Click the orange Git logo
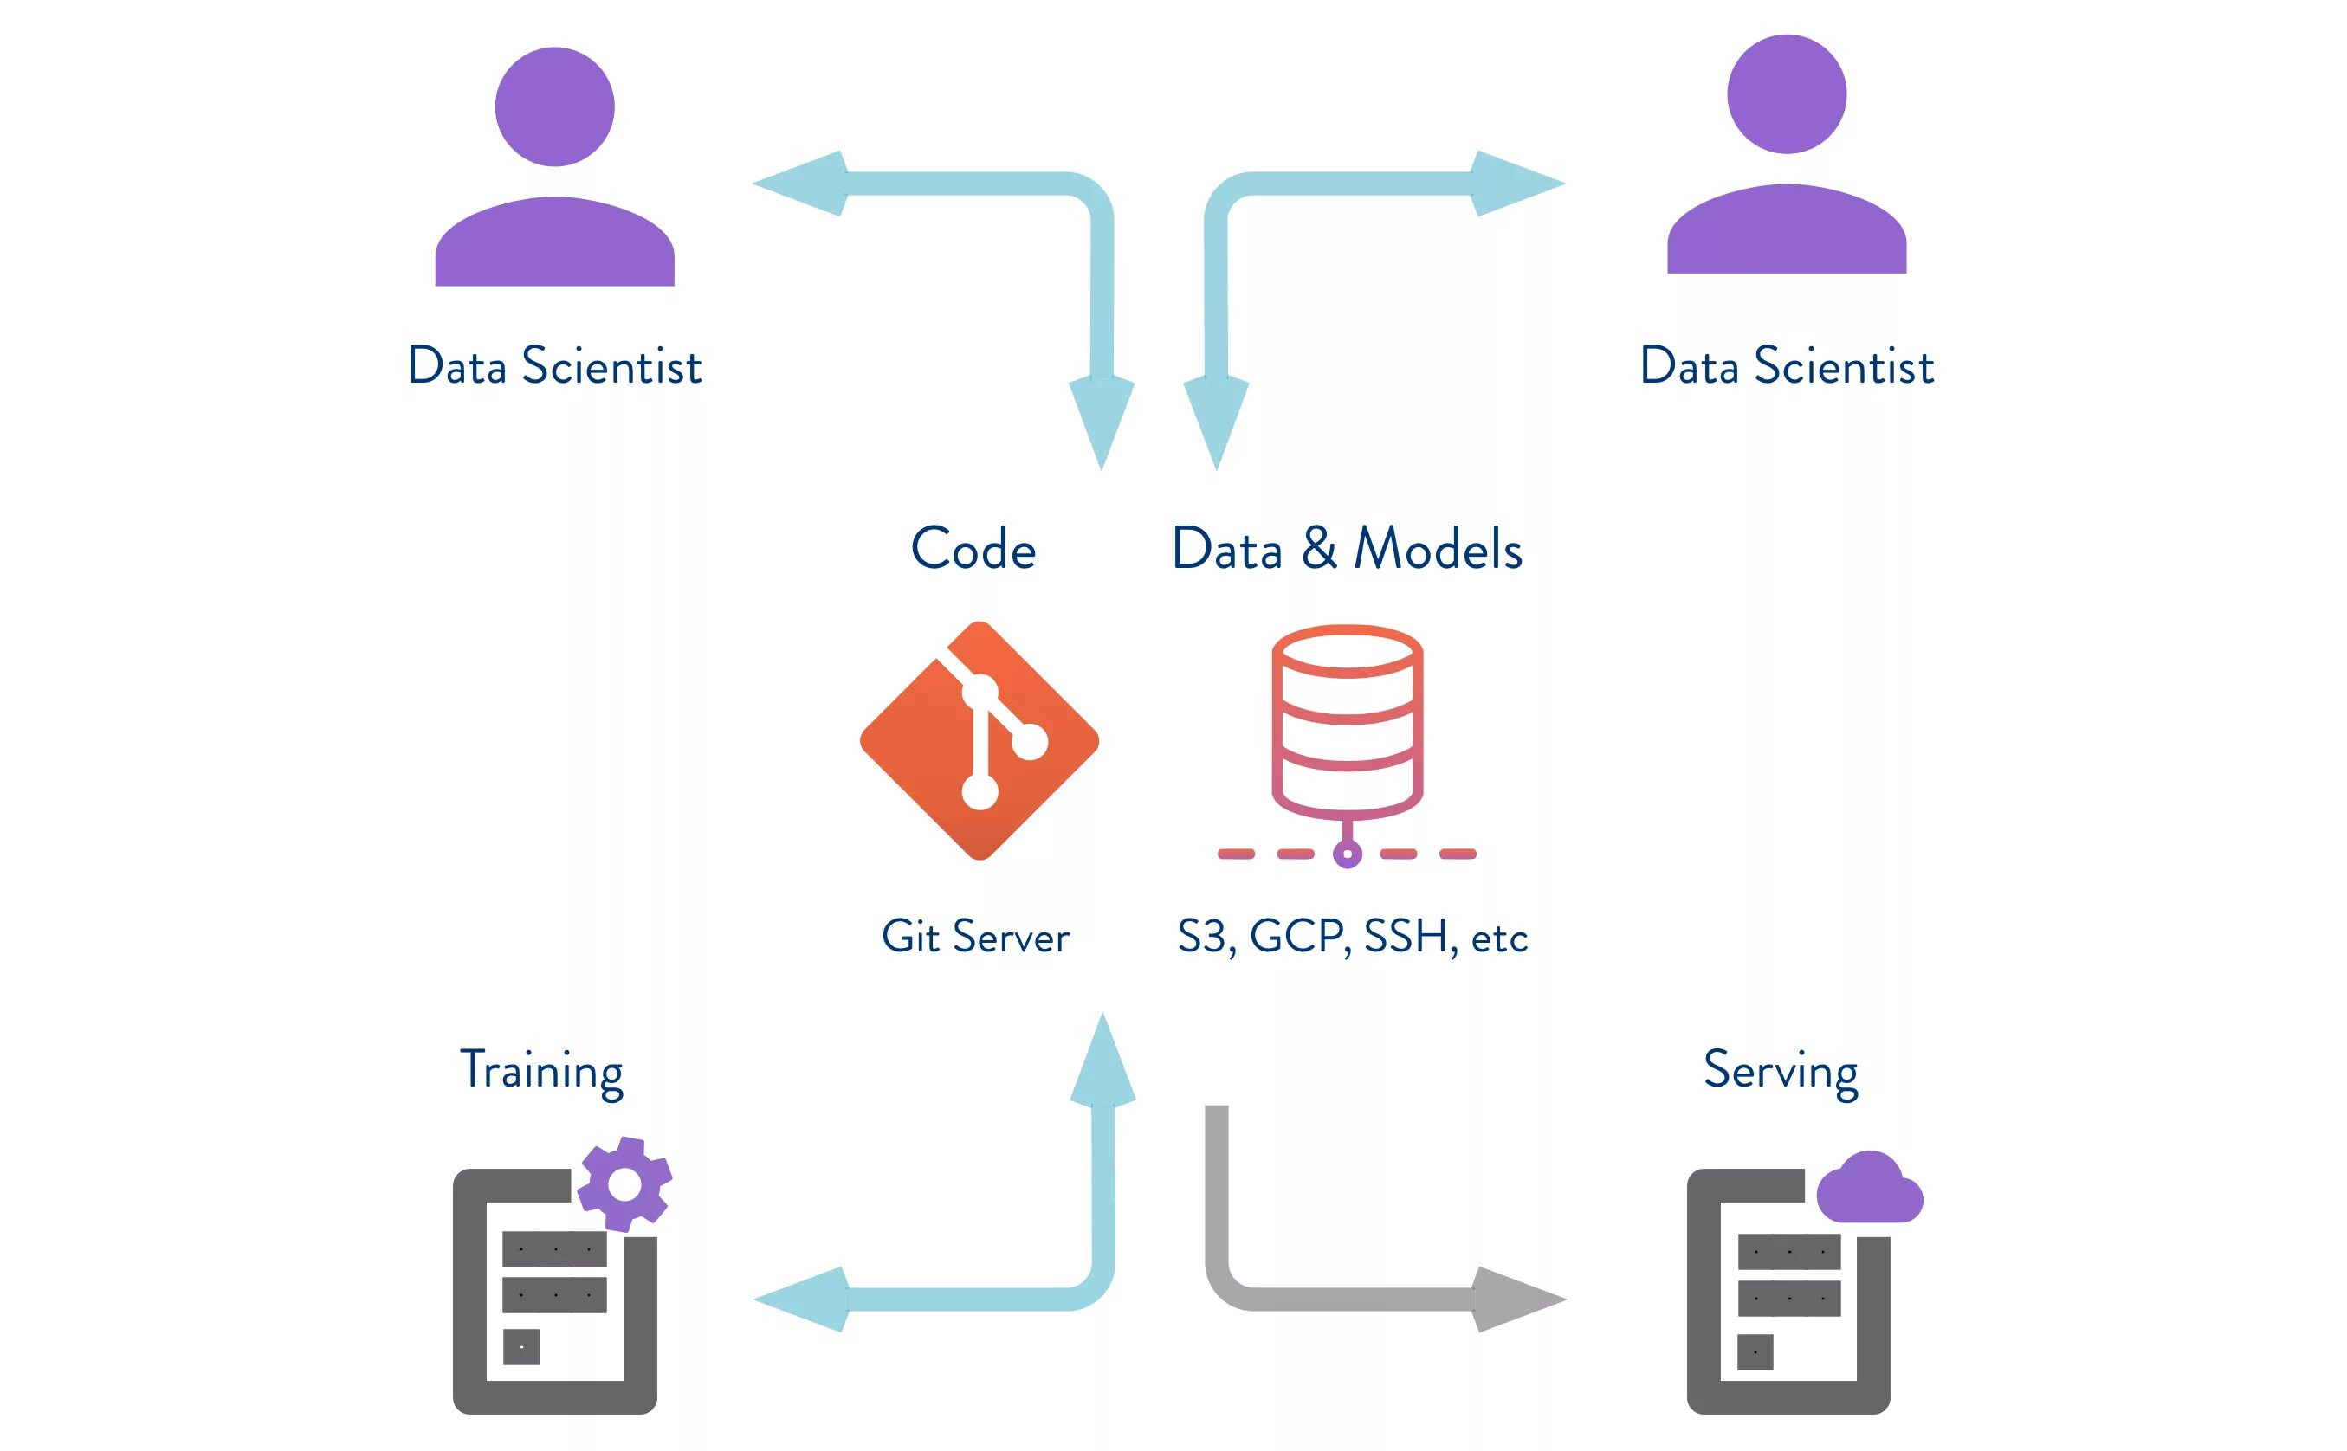click(x=980, y=741)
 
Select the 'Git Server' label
click(x=975, y=937)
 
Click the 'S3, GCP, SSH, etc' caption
click(x=1352, y=937)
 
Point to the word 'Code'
click(x=973, y=549)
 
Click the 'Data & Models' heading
click(x=1347, y=549)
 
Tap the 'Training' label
click(x=541, y=1071)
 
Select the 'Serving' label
click(x=1781, y=1071)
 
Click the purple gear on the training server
click(x=625, y=1184)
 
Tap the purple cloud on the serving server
click(x=1869, y=1190)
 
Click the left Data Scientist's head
click(x=555, y=106)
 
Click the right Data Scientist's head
click(x=1787, y=94)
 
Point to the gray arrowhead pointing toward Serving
click(x=1516, y=1299)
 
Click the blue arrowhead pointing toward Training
click(x=802, y=1299)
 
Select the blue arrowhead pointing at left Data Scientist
click(x=799, y=184)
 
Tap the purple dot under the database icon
click(x=1347, y=853)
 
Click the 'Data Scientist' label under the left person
click(x=555, y=366)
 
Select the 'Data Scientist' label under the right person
click(x=1787, y=366)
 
